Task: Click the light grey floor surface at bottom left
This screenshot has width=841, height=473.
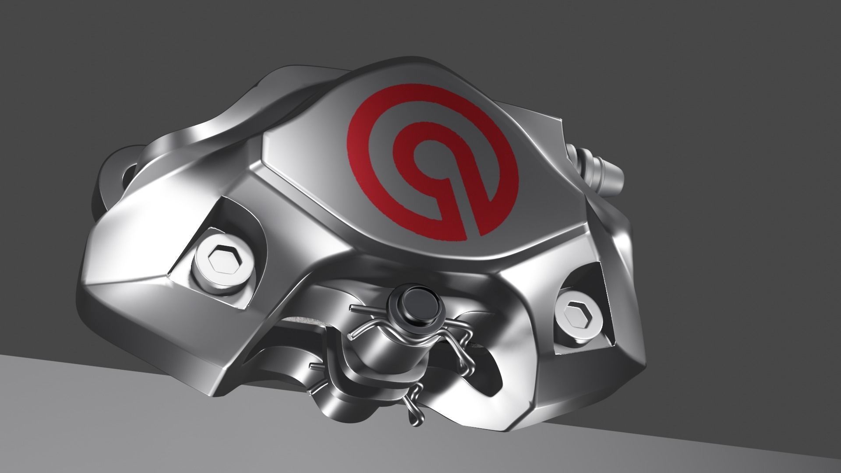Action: coord(88,420)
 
